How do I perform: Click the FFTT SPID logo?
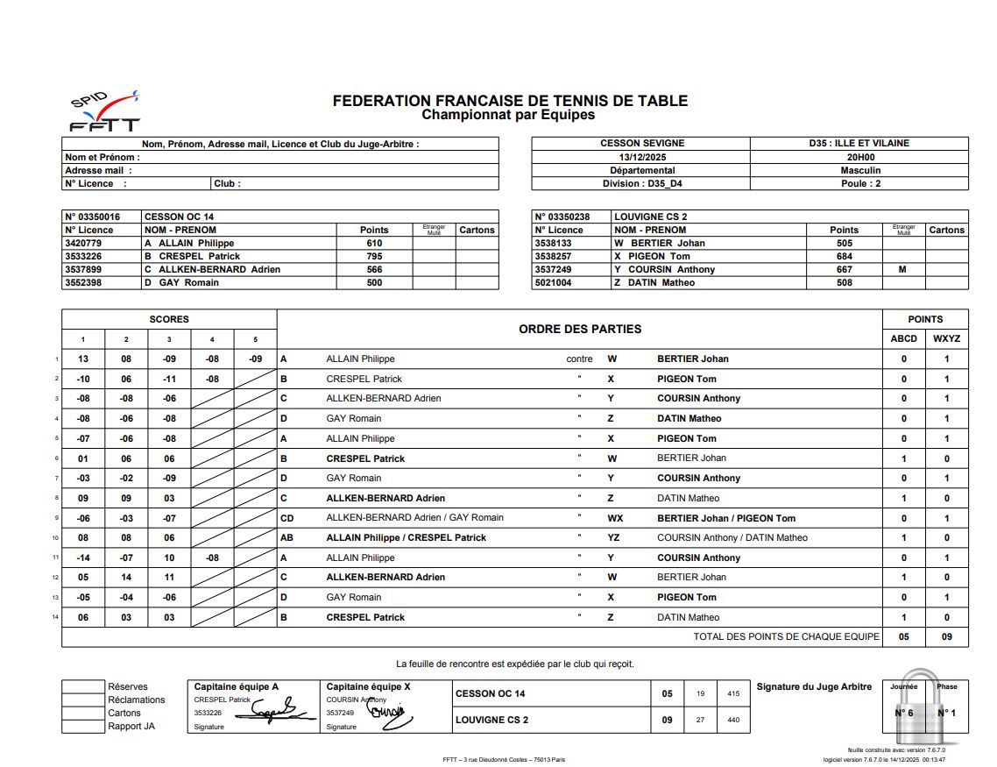pyautogui.click(x=103, y=112)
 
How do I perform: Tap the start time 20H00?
pyautogui.click(x=859, y=157)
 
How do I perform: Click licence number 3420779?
pyautogui.click(x=83, y=243)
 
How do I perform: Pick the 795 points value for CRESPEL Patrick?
pyautogui.click(x=374, y=256)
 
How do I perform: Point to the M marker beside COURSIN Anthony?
pyautogui.click(x=902, y=269)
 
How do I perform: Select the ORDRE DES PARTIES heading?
pyautogui.click(x=580, y=329)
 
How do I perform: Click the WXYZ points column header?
pyautogui.click(x=946, y=338)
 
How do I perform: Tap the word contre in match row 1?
pyautogui.click(x=579, y=359)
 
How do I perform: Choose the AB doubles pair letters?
pyautogui.click(x=286, y=537)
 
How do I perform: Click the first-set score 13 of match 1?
pyautogui.click(x=83, y=359)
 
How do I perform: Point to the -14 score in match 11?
pyautogui.click(x=83, y=557)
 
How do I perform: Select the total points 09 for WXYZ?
pyautogui.click(x=946, y=636)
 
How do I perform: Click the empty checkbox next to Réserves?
pyautogui.click(x=82, y=686)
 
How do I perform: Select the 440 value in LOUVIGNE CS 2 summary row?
pyautogui.click(x=733, y=721)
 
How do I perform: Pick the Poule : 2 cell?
pyautogui.click(x=859, y=183)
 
